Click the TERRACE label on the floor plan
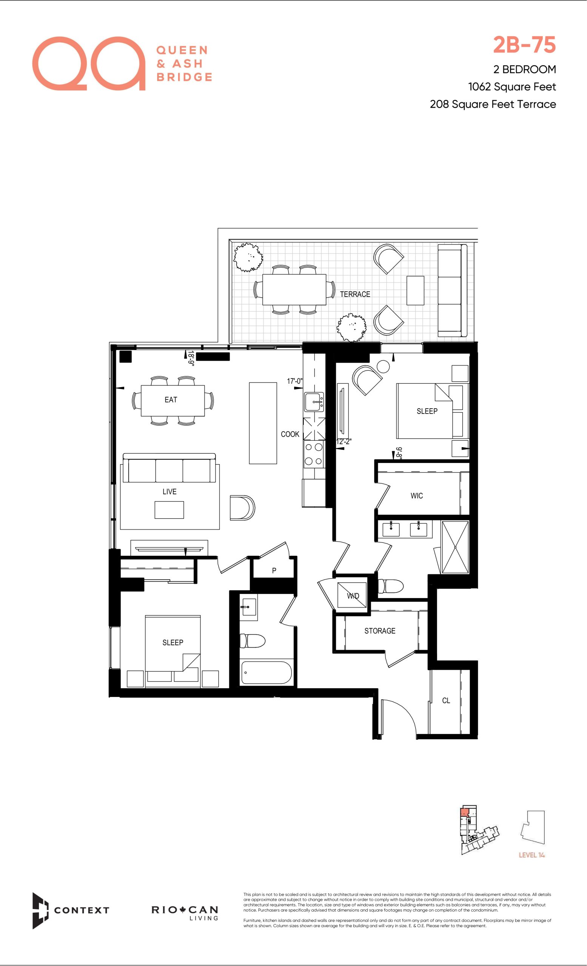355,294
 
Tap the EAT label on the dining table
171,400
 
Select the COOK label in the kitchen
290,434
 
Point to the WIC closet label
416,495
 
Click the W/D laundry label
353,596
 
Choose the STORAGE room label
380,631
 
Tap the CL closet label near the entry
446,700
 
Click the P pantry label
274,571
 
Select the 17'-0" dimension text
294,381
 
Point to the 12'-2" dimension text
344,441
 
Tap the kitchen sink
314,402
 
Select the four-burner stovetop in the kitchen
314,454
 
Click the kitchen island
263,423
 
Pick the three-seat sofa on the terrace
452,290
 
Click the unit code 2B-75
524,45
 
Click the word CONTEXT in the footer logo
81,910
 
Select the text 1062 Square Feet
512,87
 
